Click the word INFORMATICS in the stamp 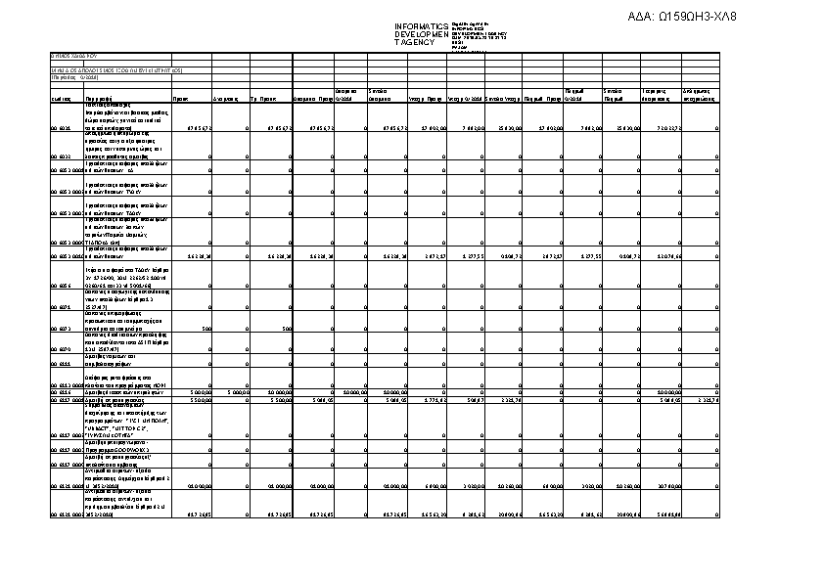tap(421, 25)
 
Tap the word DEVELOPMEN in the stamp tap(421, 34)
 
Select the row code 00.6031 tap(62, 128)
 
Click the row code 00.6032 tap(62, 156)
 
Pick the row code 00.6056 tap(62, 286)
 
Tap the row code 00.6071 tap(62, 306)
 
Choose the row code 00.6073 tap(62, 328)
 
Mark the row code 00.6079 tap(62, 347)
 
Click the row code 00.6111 tap(62, 362)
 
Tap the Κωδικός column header tap(62, 100)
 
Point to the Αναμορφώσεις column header tap(226, 100)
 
